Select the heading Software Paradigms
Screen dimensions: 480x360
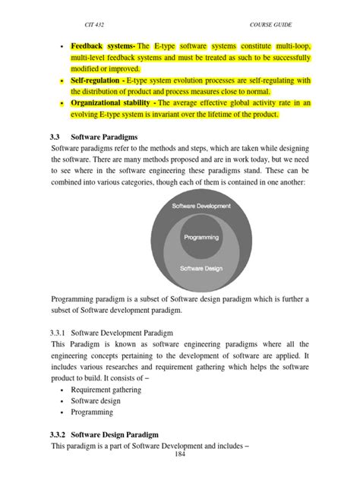pos(109,135)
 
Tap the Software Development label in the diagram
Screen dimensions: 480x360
pos(201,207)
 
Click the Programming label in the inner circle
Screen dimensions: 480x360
pos(201,238)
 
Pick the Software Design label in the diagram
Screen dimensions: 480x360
pos(201,268)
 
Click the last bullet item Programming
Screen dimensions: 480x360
pos(92,412)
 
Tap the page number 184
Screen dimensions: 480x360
pos(180,454)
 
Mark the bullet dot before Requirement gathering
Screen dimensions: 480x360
pos(60,390)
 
